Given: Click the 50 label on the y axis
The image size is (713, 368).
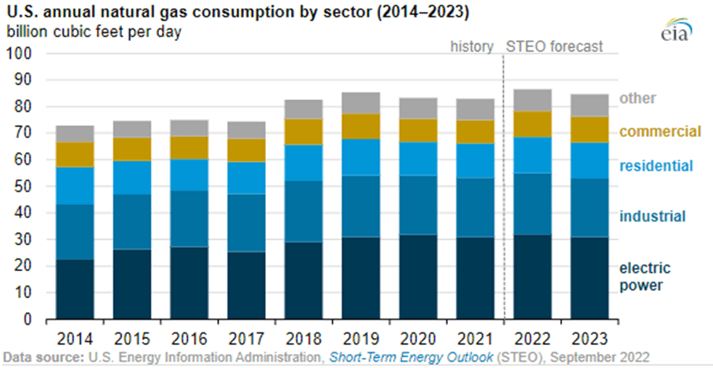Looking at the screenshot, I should click(x=26, y=186).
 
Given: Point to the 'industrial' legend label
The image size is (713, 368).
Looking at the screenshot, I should click(x=652, y=217).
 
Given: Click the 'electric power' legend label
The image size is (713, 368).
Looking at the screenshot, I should click(x=651, y=276).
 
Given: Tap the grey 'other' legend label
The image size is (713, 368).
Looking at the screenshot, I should click(x=637, y=99).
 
